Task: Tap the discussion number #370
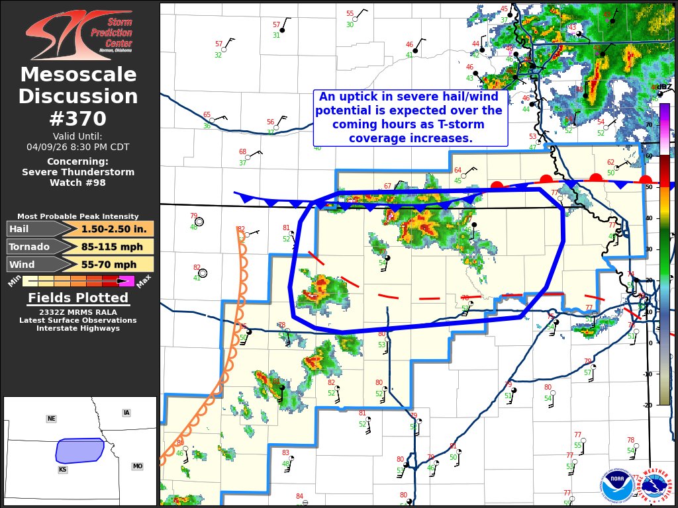[78, 118]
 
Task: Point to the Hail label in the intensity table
[20, 229]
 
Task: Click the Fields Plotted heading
[78, 298]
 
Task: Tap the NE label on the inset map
[51, 419]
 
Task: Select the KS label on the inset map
[62, 469]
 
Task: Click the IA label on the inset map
[126, 413]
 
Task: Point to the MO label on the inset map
[137, 466]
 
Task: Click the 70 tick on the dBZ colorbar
[648, 124]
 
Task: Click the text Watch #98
[78, 183]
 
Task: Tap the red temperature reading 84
[299, 496]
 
